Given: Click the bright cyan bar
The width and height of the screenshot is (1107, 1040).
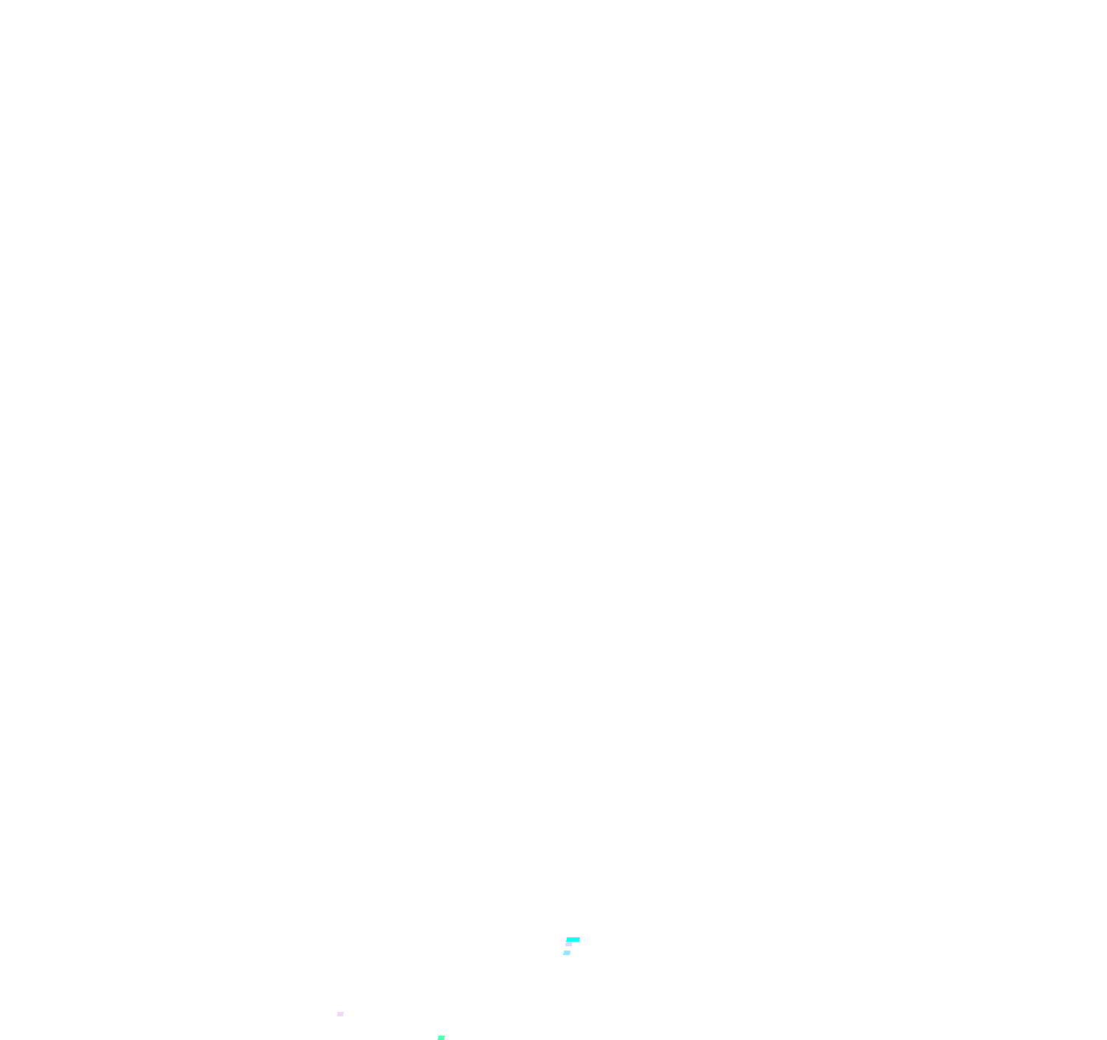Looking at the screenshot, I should (573, 940).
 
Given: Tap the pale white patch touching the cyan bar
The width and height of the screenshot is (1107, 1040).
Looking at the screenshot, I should (563, 940).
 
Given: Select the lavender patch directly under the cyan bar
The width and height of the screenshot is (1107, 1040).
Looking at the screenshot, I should (568, 944).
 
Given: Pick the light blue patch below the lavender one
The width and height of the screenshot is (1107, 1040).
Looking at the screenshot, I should (567, 953).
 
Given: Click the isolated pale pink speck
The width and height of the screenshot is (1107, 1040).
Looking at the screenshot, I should (340, 1014).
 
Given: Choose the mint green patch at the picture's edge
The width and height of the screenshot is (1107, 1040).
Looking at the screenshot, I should (441, 1037).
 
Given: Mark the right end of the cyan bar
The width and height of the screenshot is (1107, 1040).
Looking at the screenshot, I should (579, 940).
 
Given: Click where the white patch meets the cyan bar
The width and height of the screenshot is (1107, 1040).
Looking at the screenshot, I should (566, 940).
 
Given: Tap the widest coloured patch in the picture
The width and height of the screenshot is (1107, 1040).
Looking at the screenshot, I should (573, 940).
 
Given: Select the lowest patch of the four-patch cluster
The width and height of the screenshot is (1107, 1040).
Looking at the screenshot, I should (567, 953).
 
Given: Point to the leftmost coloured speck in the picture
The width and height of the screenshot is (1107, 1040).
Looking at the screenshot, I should (340, 1014).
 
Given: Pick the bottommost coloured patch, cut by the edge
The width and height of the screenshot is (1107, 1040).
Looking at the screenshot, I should (441, 1037).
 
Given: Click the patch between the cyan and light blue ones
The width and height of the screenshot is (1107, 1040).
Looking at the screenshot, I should (568, 944).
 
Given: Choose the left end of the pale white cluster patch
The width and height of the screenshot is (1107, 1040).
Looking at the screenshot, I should (561, 940).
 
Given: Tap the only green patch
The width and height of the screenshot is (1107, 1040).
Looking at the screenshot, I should (441, 1037).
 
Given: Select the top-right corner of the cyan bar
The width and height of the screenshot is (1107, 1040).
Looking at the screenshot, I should (579, 938).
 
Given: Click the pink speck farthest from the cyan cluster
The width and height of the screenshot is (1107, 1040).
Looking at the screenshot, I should (340, 1014).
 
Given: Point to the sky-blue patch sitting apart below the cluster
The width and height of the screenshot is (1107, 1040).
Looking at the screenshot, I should (567, 953).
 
